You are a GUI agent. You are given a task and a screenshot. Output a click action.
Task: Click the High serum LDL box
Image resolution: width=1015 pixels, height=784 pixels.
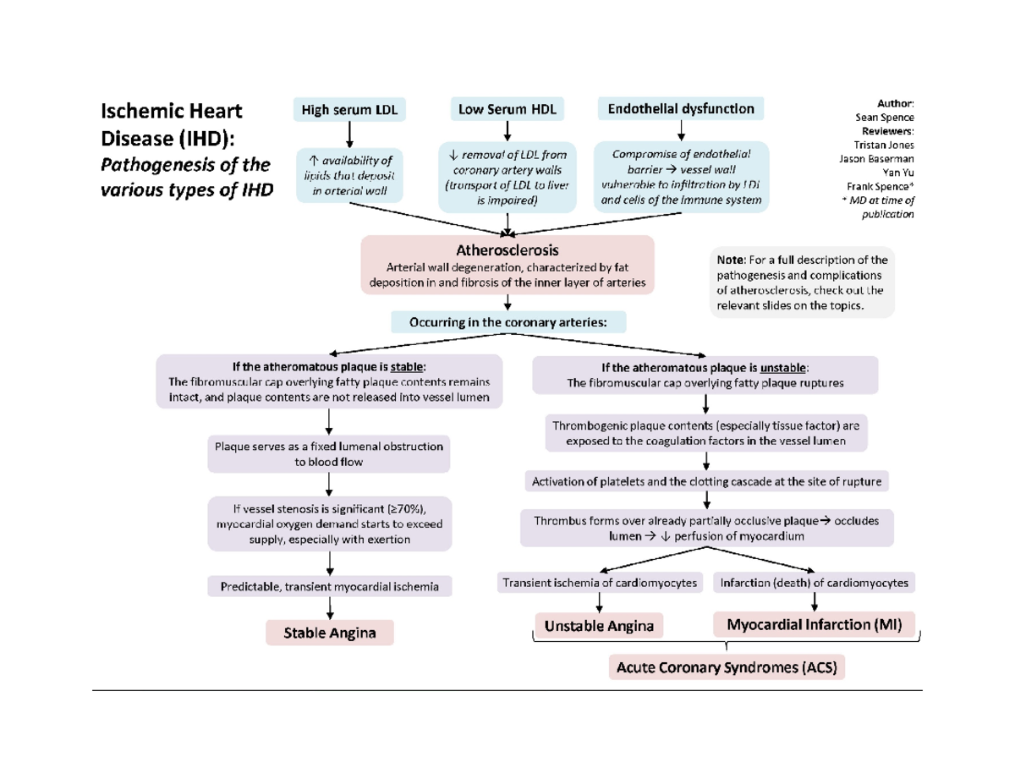click(349, 109)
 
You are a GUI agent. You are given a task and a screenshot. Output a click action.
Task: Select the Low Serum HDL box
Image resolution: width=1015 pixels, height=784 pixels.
click(507, 109)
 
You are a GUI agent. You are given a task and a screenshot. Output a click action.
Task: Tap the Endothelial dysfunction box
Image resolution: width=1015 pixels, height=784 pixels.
click(681, 109)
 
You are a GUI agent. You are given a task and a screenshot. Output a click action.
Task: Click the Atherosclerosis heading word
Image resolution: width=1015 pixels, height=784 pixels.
click(507, 250)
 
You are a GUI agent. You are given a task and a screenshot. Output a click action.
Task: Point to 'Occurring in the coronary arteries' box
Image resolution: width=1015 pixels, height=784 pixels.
click(507, 322)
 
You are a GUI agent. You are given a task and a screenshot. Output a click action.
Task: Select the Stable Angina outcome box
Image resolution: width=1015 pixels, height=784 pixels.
click(330, 633)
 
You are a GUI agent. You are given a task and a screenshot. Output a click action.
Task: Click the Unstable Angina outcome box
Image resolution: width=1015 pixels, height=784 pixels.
click(599, 627)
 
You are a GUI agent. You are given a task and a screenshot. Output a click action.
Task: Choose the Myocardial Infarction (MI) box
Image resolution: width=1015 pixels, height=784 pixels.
click(815, 625)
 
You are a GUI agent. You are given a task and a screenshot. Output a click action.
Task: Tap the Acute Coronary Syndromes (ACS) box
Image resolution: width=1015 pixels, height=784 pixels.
click(727, 668)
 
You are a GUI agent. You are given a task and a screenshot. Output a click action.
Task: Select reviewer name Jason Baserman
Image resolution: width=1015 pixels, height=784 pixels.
click(876, 158)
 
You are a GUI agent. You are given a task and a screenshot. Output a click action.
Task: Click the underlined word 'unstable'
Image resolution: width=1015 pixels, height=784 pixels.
click(783, 368)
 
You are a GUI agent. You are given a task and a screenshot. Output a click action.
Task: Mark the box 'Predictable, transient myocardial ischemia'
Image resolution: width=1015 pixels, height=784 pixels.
click(329, 586)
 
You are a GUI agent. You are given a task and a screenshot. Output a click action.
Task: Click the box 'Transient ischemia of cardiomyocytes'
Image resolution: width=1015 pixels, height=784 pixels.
click(600, 583)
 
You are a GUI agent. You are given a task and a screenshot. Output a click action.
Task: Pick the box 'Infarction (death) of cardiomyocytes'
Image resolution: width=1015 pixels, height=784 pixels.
click(814, 583)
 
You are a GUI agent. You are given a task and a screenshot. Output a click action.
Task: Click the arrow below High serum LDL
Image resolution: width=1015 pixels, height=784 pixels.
click(349, 133)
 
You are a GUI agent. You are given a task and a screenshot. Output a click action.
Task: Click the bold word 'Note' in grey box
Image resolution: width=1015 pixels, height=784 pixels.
click(730, 260)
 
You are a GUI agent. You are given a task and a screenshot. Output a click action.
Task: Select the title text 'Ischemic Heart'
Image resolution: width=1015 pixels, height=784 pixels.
click(172, 111)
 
